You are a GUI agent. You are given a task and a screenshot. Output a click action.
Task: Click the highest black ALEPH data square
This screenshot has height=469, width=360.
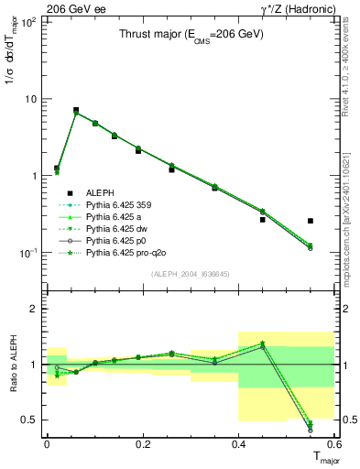(x=76, y=110)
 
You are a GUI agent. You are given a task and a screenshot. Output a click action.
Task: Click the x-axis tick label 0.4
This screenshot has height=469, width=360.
(x=238, y=444)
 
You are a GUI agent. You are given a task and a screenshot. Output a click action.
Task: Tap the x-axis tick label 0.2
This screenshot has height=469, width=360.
(x=142, y=444)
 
